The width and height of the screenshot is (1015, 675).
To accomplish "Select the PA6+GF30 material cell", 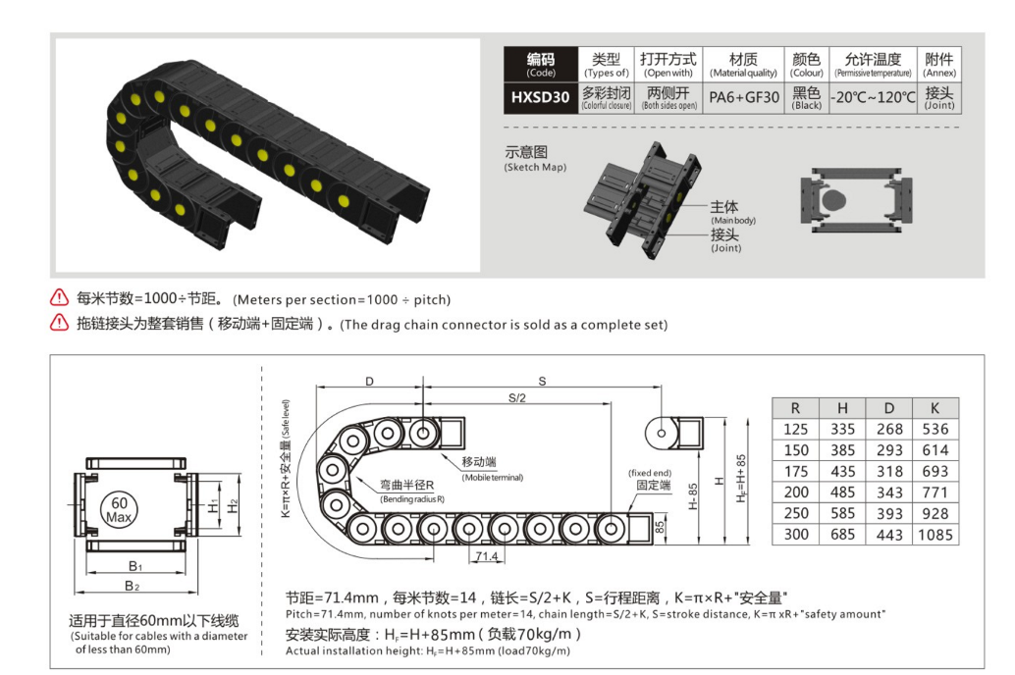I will coord(744,97).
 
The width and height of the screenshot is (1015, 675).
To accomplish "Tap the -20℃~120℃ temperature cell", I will coord(873,97).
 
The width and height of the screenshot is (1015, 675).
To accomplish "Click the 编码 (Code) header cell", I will coord(540,65).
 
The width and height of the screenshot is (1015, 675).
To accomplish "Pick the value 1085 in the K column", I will coord(935,535).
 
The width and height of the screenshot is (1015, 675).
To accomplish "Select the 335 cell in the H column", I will coord(842,429).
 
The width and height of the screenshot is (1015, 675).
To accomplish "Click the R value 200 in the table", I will coord(797,492).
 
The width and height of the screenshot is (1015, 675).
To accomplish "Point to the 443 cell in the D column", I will coord(889,535).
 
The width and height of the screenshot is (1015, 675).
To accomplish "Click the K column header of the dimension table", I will coord(935,407).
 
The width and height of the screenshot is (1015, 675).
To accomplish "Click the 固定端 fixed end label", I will coord(653,485).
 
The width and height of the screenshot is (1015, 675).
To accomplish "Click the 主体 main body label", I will coord(724,207).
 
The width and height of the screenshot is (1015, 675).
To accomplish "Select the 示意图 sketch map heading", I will coord(526,153).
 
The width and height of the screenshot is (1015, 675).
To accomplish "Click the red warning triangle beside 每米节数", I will coord(61,298).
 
